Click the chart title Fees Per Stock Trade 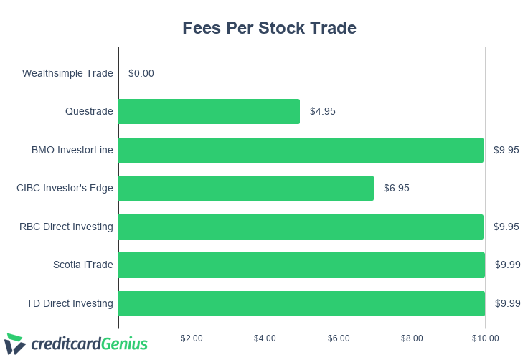click(x=269, y=29)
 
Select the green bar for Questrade click(x=209, y=111)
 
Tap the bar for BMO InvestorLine click(x=301, y=150)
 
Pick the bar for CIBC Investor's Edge click(x=246, y=188)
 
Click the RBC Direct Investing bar click(x=301, y=227)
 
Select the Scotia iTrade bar click(x=301, y=265)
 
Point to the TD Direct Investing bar click(x=301, y=303)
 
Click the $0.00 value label click(x=141, y=73)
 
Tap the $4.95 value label click(x=323, y=111)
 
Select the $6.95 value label click(x=397, y=188)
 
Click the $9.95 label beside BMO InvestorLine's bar click(x=506, y=150)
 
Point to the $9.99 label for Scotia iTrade click(x=507, y=265)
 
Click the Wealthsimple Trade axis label click(x=67, y=73)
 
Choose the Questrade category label click(x=89, y=111)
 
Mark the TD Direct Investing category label click(x=70, y=303)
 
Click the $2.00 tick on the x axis click(x=192, y=337)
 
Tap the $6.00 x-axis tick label click(x=339, y=337)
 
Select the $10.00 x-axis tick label click(x=485, y=337)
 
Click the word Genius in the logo click(x=124, y=344)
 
